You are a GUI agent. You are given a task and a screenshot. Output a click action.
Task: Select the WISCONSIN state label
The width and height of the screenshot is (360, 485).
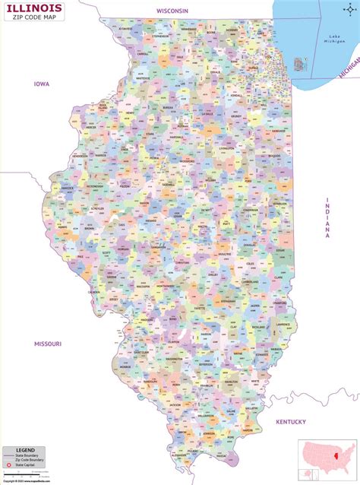point(172,11)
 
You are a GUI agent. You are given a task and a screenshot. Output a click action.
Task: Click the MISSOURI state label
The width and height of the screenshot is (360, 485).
point(47,343)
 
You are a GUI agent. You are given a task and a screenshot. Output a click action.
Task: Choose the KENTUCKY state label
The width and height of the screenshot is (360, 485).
point(290,421)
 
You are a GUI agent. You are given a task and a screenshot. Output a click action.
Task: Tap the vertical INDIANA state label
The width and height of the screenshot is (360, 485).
point(328,218)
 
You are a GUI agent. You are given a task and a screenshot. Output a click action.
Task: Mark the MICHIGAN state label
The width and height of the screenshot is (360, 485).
point(349,70)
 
